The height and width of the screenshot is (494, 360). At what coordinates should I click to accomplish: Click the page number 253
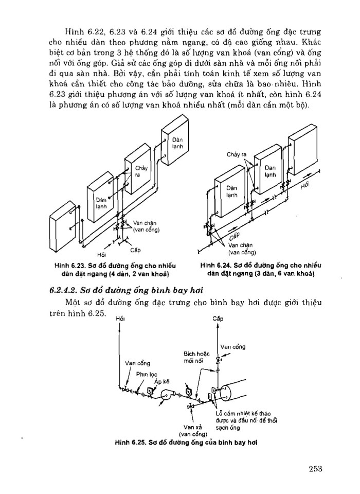click(x=315, y=468)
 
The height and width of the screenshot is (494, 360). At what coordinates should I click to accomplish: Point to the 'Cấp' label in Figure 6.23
click(x=135, y=250)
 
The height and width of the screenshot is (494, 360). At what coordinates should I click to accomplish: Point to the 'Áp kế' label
click(x=161, y=382)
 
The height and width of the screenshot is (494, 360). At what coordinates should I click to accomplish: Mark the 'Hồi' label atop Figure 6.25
click(x=121, y=319)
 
